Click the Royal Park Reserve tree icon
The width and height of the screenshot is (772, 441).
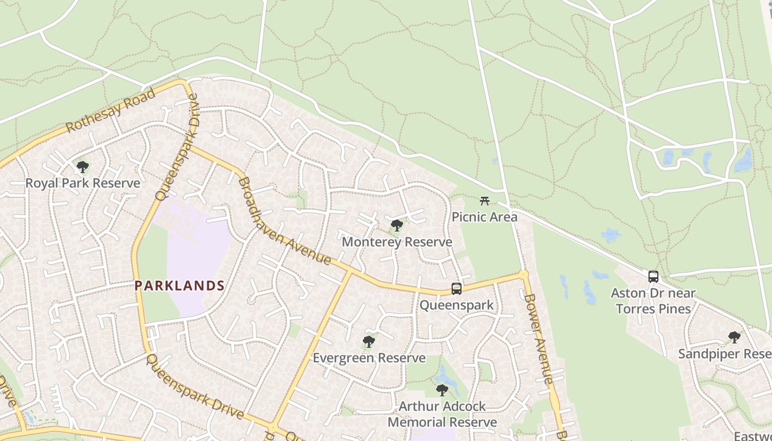pos(83,166)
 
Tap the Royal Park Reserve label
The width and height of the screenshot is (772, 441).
pos(83,183)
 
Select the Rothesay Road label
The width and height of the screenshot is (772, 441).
pos(110,111)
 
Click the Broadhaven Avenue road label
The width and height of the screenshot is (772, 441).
pos(283,221)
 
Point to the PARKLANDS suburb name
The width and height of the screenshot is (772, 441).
pos(180,286)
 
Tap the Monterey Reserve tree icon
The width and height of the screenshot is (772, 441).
pos(396,225)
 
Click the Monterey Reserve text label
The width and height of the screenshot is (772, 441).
pos(397,242)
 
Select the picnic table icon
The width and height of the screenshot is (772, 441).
pos(485,201)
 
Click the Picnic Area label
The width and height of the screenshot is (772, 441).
pos(485,217)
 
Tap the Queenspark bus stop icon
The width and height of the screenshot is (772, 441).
pos(457,288)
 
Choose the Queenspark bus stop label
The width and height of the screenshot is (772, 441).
pos(457,305)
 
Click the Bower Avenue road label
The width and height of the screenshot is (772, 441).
pos(538,338)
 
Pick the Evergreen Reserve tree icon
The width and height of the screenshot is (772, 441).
pos(369,342)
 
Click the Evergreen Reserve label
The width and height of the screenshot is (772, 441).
pos(369,358)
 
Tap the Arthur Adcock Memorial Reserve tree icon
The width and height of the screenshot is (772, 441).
pos(442,390)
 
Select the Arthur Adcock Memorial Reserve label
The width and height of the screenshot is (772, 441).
pos(442,415)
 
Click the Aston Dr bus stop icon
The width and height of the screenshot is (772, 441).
pos(653,276)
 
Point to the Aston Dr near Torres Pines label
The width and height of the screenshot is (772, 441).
pos(653,300)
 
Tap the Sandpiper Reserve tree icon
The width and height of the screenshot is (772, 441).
pos(734,337)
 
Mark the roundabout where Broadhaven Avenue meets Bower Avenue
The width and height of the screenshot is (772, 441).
pos(524,273)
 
